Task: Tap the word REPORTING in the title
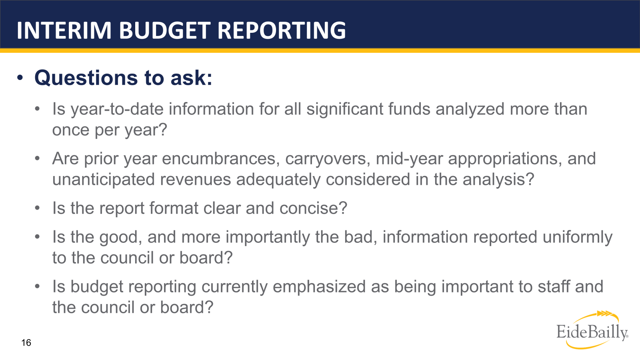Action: tap(282, 30)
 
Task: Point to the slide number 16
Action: tap(26, 342)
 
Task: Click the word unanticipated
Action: tap(103, 180)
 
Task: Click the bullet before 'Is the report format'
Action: tap(37, 208)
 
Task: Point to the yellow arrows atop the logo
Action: tap(604, 314)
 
